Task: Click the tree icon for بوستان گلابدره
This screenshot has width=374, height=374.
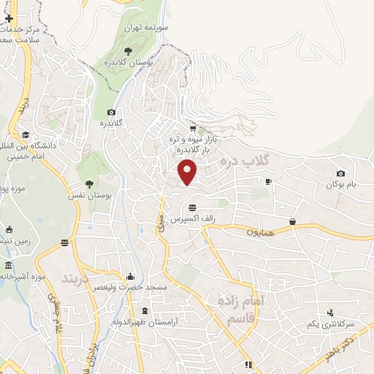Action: point(129,50)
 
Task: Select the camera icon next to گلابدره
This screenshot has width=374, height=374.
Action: point(111,112)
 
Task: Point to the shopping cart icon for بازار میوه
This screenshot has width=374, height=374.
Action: point(193,129)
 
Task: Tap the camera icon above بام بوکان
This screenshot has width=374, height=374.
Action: point(340,173)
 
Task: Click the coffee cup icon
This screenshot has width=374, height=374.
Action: point(268,181)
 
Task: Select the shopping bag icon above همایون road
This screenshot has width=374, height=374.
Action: point(292,221)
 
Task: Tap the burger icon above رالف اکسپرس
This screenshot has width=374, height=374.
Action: point(191,207)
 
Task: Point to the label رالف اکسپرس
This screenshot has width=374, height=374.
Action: point(186,218)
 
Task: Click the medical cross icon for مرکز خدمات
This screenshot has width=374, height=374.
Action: point(8,18)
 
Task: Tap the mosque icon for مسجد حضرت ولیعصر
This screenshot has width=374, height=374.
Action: point(130,276)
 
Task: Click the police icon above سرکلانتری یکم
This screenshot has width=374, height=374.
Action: point(330,313)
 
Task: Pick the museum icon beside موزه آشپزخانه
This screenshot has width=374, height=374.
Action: point(7,264)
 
